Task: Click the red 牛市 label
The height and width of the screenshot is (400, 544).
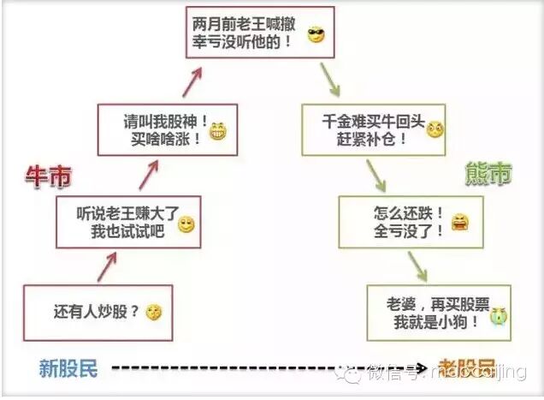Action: pos(47,177)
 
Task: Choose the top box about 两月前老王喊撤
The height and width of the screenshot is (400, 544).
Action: pos(259,33)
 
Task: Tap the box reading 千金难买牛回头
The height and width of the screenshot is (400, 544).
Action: pos(375,129)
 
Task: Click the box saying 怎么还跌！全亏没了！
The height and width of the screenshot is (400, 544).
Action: pos(402,220)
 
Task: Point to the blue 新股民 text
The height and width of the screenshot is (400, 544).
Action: pos(68,369)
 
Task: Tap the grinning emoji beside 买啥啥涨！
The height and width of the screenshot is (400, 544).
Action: pos(219,133)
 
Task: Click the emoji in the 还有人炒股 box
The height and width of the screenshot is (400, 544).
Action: pos(153,313)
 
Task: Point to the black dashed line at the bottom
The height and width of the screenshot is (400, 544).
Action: pos(257,369)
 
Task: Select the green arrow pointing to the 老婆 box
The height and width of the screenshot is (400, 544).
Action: pos(417,265)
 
